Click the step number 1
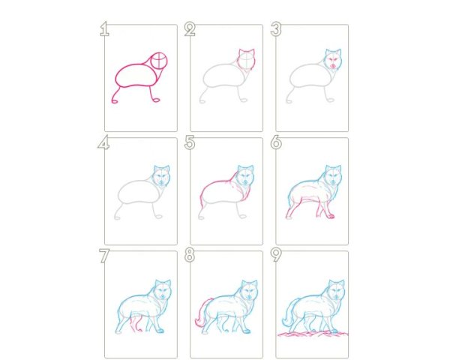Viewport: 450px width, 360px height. pos(105,29)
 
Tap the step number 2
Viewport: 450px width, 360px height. pos(190,29)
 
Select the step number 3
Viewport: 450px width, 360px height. pos(276,29)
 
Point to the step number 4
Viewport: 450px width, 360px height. pos(103,142)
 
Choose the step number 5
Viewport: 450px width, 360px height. pos(190,142)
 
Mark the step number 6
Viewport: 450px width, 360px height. pos(276,142)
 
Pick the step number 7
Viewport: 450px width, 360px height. pos(104,256)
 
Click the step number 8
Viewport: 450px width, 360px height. pos(190,256)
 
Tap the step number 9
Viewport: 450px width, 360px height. pos(276,256)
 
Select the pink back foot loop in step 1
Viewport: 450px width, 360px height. pos(115,101)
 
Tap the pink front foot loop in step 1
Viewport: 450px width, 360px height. pos(157,100)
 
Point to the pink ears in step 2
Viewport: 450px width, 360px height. pos(247,52)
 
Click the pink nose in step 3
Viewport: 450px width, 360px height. pos(333,66)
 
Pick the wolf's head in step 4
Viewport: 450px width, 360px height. pos(161,175)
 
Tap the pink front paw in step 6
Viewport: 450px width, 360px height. pos(331,216)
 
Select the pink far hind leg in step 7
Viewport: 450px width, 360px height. pos(136,325)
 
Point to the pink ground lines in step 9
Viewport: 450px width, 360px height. pos(313,334)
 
